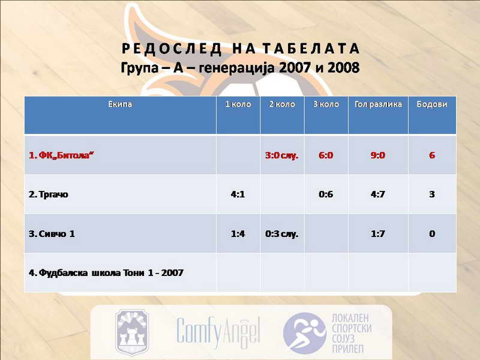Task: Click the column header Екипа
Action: pyautogui.click(x=120, y=104)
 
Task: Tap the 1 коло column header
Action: pyautogui.click(x=238, y=104)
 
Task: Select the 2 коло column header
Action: pyautogui.click(x=282, y=104)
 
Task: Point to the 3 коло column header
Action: pyautogui.click(x=326, y=104)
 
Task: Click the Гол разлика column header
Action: pyautogui.click(x=378, y=104)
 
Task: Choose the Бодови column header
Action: pyautogui.click(x=432, y=104)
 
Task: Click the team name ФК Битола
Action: pyautogui.click(x=61, y=155)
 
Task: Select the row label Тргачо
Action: pyautogui.click(x=49, y=194)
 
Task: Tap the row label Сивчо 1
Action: pyautogui.click(x=52, y=234)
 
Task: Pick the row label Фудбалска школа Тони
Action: pyautogui.click(x=106, y=273)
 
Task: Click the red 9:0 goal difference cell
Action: pyautogui.click(x=378, y=155)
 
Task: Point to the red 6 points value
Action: pyautogui.click(x=432, y=155)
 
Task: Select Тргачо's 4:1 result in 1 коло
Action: pyautogui.click(x=238, y=194)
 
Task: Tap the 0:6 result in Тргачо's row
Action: pyautogui.click(x=326, y=194)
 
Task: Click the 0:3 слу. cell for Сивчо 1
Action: pyautogui.click(x=281, y=234)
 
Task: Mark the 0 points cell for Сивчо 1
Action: pyautogui.click(x=432, y=234)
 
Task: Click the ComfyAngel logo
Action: pyautogui.click(x=218, y=332)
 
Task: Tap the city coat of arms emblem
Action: pyautogui.click(x=132, y=332)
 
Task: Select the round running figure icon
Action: pyautogui.click(x=305, y=333)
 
